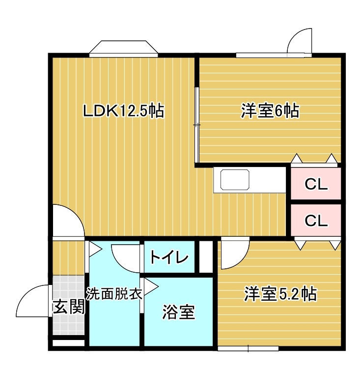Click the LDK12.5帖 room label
click(124, 110)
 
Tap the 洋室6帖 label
click(270, 111)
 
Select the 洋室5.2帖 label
click(280, 293)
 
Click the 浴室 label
click(179, 312)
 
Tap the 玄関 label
click(68, 307)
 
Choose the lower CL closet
click(316, 220)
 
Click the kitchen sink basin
click(235, 179)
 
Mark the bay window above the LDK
click(124, 49)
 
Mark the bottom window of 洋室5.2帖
click(248, 348)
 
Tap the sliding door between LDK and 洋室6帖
click(197, 125)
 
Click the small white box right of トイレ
click(206, 256)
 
